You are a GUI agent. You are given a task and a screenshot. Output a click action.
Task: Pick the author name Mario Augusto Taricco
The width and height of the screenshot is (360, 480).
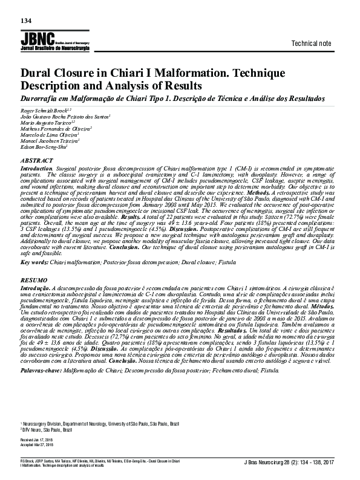[46, 122]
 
